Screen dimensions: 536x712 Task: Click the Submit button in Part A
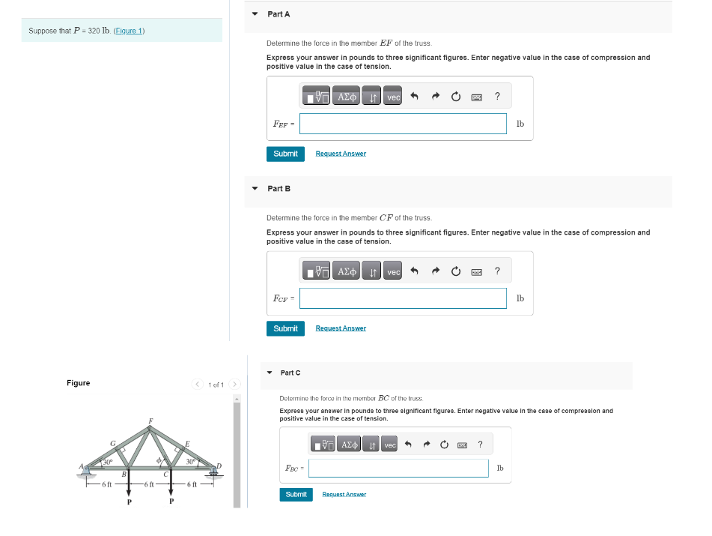pos(285,154)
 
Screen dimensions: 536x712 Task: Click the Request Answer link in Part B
pos(341,328)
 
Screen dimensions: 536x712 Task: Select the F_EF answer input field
pos(403,124)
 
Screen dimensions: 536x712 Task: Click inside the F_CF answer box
pos(403,298)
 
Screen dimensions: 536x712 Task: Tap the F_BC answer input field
pos(398,468)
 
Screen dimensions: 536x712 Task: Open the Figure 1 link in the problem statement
pos(129,31)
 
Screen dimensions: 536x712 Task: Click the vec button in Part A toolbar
pos(393,97)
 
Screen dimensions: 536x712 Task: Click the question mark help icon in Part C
pos(480,445)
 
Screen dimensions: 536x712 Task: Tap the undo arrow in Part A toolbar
pos(434,97)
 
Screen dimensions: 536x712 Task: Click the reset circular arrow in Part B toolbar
pos(455,271)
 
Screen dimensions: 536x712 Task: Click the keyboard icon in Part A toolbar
pos(476,97)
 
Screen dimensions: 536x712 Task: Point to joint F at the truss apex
pos(150,427)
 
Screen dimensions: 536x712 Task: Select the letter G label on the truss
pos(113,443)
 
